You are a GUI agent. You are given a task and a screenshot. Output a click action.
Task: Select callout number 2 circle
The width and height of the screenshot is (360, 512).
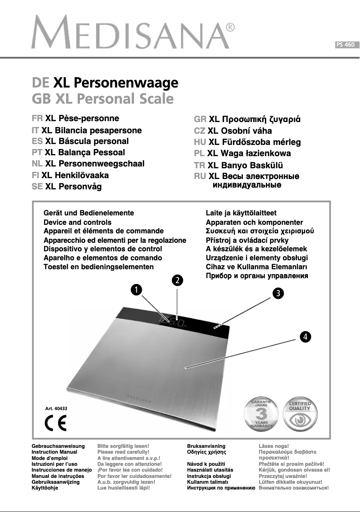178,280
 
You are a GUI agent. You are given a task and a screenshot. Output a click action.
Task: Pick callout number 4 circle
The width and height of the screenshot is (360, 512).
305,337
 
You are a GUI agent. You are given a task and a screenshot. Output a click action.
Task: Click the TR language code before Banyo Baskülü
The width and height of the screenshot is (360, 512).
199,165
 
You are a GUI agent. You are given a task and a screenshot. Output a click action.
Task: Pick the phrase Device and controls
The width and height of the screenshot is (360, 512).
77,222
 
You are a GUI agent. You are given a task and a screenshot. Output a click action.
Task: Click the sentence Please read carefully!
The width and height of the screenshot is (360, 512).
123,452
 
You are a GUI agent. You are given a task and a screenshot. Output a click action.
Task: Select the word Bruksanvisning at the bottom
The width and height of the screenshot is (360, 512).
206,446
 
